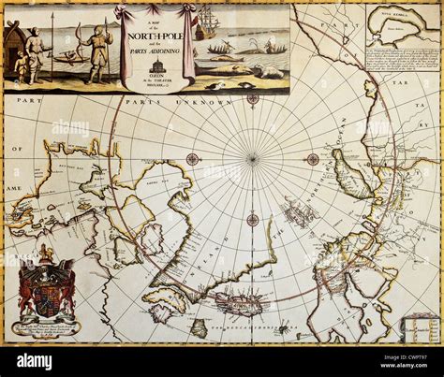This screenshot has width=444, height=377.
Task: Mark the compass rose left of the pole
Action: [x=192, y=159]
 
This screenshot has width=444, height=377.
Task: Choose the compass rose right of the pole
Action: [x=313, y=159]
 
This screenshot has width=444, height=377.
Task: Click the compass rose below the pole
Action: [x=252, y=221]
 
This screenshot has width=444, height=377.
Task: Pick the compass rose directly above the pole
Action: [x=252, y=98]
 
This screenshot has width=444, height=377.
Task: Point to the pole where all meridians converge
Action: [x=252, y=159]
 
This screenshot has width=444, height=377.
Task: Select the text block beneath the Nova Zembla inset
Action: [x=400, y=69]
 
